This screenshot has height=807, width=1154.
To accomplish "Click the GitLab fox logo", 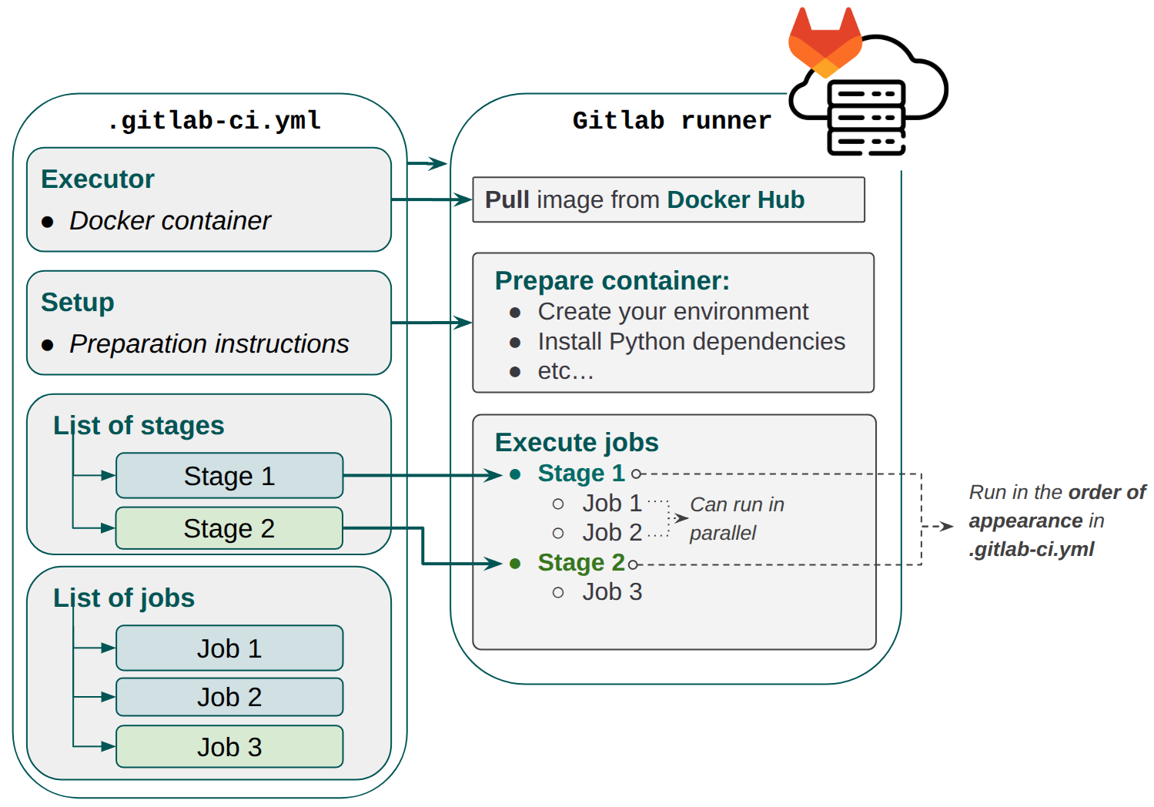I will [825, 44].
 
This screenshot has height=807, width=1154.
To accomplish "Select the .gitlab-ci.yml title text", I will [213, 121].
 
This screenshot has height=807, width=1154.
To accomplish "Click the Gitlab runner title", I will [671, 121].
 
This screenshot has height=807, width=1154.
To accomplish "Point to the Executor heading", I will [98, 179].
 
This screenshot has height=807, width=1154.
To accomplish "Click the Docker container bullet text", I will [169, 221].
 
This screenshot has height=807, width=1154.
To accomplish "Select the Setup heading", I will [78, 303].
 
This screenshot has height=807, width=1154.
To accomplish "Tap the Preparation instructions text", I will [209, 344].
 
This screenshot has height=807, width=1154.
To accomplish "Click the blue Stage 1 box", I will [229, 476].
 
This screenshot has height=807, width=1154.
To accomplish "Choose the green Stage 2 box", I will [229, 528].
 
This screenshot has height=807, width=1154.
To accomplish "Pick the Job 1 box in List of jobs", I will [229, 648].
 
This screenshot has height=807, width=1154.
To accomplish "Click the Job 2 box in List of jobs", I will [229, 697].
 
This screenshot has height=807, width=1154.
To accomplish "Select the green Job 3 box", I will [229, 747].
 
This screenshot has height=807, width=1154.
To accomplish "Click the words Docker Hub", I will [735, 200].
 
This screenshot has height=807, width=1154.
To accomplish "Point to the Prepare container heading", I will [612, 281].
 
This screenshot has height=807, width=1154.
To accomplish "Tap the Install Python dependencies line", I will [691, 341].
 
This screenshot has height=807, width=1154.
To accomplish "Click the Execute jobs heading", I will [577, 443].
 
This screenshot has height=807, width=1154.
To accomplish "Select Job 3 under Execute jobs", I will [611, 592].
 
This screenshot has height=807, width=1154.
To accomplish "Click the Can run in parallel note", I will [736, 518].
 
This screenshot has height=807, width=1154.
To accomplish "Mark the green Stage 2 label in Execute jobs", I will [580, 563].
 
